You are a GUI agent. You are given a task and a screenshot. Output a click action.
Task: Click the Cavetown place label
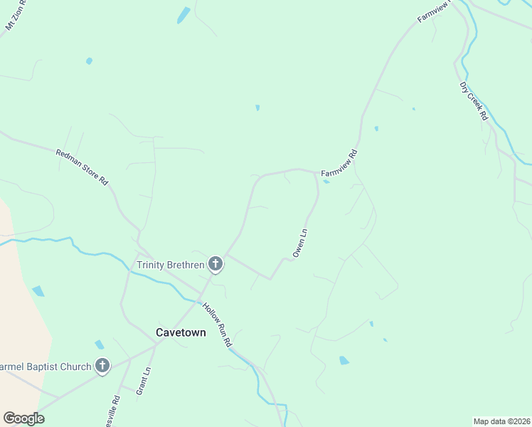click(x=181, y=332)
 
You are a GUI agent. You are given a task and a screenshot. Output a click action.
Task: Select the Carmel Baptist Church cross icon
click(x=102, y=367)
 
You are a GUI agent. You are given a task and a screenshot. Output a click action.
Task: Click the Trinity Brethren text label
click(x=170, y=265)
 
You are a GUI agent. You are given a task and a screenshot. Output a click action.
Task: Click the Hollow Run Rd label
click(x=217, y=325)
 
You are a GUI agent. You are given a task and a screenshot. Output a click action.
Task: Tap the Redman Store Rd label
click(x=82, y=168)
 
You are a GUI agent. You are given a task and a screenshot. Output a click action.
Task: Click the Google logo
click(x=23, y=418)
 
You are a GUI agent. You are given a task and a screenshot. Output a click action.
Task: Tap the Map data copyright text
click(x=501, y=421)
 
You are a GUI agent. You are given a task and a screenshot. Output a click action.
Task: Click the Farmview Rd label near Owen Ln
click(x=339, y=164)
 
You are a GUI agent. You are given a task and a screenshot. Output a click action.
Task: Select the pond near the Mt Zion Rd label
click(x=183, y=15)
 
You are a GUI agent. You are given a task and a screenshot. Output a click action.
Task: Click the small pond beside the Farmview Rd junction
click(x=326, y=181)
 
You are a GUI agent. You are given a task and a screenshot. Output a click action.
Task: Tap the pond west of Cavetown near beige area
click(x=38, y=291)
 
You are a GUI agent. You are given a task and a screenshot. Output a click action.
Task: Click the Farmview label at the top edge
click(x=431, y=11)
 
